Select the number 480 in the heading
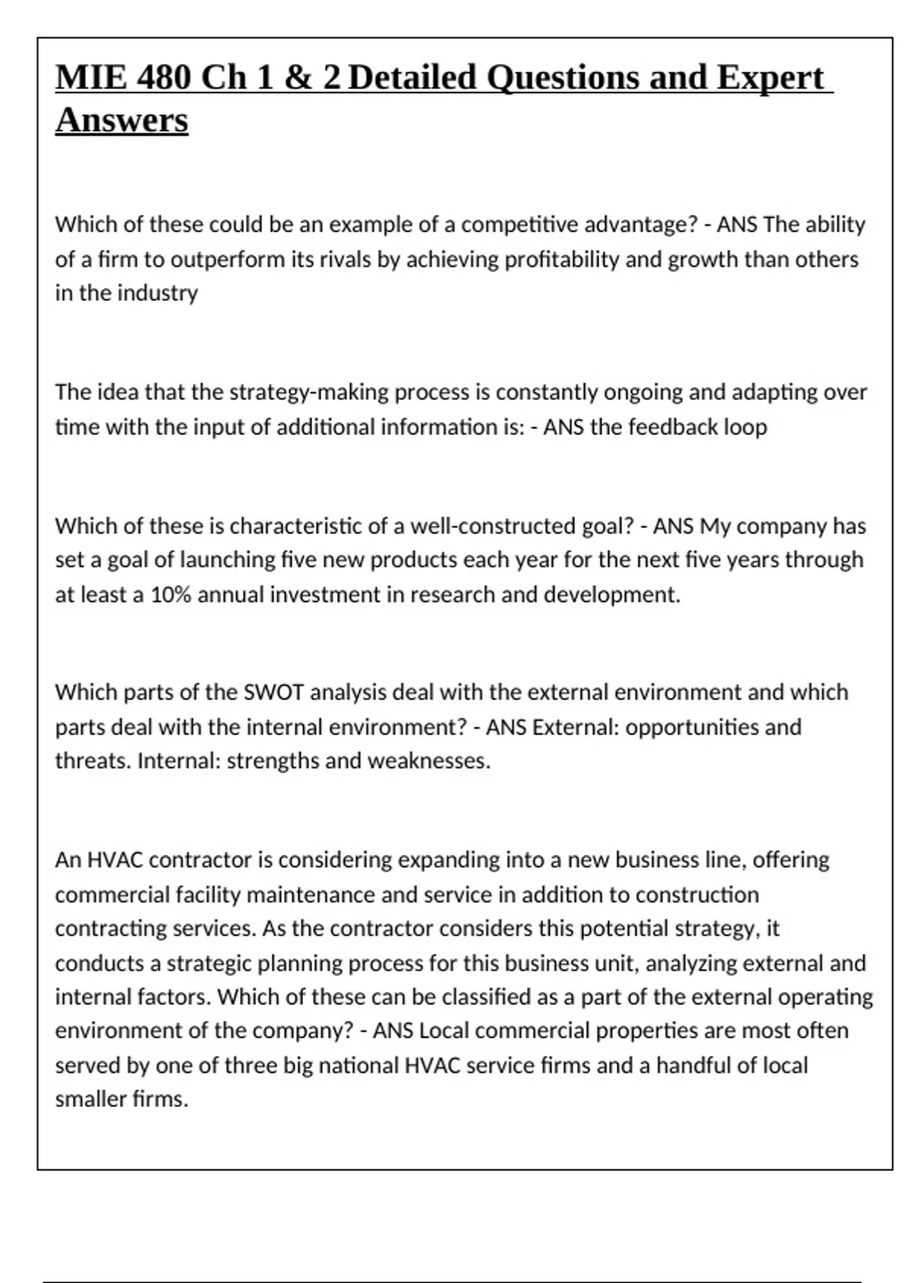[164, 78]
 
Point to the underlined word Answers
[121, 120]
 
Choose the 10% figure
[171, 595]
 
